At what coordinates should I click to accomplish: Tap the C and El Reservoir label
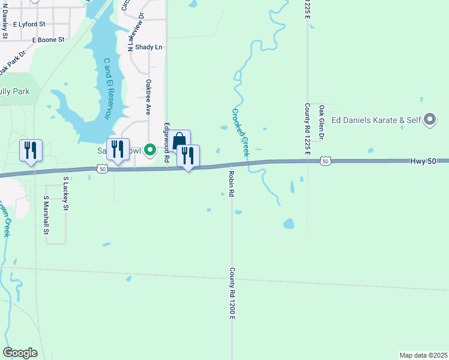108,89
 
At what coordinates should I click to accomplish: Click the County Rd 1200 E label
231,293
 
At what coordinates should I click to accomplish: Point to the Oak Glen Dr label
322,122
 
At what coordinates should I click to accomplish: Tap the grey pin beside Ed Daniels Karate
429,121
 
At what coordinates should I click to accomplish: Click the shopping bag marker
179,142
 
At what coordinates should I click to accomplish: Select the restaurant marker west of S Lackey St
31,150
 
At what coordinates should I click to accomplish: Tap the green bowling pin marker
151,149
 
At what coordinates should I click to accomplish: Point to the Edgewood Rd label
166,137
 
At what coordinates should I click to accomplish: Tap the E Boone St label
48,40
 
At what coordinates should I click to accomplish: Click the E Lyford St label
29,24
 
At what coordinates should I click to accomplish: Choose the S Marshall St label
46,215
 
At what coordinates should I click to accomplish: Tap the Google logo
20,353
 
